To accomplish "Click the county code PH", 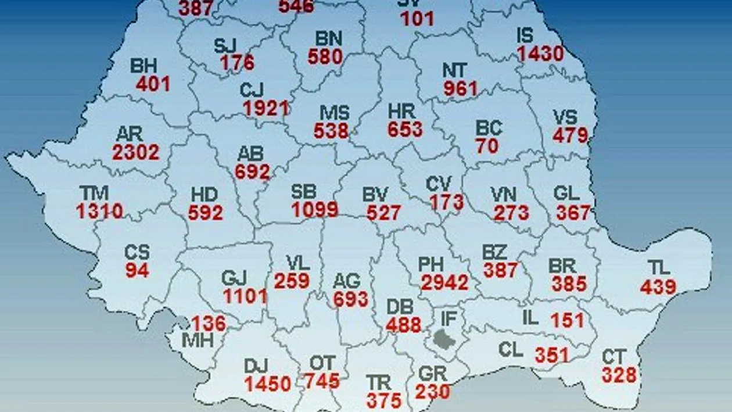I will [x=431, y=265].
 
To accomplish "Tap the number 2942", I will [x=444, y=282].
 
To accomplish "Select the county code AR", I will [x=130, y=134].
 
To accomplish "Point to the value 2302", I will [x=136, y=152].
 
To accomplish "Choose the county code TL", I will [x=659, y=268].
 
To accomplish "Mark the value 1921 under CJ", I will [x=266, y=108].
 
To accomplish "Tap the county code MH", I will [x=198, y=340].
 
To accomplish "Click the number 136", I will [x=209, y=323].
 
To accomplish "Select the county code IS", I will [x=525, y=35].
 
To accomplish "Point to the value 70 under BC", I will [x=487, y=146].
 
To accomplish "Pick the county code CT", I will [x=613, y=357].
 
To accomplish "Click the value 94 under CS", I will [x=137, y=270].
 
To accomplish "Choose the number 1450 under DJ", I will [x=267, y=384].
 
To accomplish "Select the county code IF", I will [x=448, y=318].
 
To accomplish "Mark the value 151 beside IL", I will [x=567, y=320].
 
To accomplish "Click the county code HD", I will [x=203, y=195].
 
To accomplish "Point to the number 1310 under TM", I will [x=99, y=211].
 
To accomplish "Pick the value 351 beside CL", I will [x=552, y=354].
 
